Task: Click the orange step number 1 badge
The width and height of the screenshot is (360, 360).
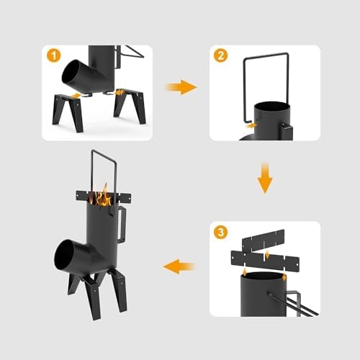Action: [53, 55]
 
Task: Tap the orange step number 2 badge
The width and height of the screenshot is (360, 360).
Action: [220, 55]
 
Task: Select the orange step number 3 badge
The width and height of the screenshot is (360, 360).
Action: [220, 232]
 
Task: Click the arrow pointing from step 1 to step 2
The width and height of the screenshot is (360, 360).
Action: [181, 87]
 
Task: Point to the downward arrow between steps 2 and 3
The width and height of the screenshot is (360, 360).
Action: [265, 178]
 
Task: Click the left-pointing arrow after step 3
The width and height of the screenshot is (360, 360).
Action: [179, 266]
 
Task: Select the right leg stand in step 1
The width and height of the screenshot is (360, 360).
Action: [130, 106]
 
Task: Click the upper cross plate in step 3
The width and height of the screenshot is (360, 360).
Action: [264, 240]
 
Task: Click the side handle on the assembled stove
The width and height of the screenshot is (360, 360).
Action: [122, 224]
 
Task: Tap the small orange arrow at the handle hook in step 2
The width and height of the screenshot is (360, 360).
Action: [252, 125]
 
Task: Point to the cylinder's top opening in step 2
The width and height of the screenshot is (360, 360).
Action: [272, 107]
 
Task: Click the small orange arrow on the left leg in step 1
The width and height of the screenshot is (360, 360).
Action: [76, 96]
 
